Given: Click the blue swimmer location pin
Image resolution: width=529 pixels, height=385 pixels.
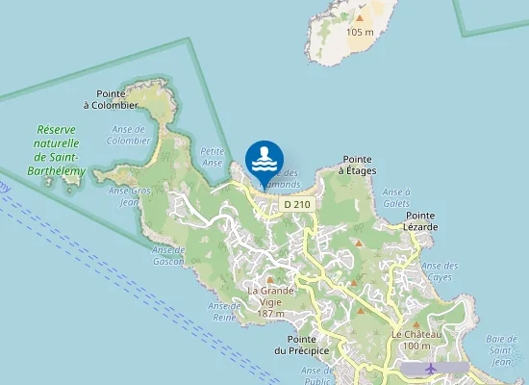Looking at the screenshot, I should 264,159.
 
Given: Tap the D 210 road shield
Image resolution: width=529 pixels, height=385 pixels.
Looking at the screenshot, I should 296,204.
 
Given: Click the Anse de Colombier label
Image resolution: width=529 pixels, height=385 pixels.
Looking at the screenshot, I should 128,135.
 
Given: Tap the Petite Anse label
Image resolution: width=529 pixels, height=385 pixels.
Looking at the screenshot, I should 211,157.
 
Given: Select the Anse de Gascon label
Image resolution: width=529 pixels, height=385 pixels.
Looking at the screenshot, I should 167,255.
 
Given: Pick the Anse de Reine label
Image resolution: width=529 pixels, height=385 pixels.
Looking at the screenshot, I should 223,311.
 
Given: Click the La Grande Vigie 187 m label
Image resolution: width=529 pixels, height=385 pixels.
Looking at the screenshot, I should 271,301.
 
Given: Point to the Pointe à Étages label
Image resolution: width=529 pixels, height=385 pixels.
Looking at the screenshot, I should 357,165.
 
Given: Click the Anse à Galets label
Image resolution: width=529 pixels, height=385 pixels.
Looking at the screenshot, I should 396,197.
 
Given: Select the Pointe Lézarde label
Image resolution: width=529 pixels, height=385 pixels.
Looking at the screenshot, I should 421,220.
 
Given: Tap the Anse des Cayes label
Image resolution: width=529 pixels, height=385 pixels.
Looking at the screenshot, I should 440,270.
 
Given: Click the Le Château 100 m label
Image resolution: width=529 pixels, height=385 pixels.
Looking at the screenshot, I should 417,340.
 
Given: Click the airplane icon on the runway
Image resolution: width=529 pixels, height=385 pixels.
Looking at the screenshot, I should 431,369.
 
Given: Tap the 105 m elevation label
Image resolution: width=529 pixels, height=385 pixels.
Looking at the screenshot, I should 360,32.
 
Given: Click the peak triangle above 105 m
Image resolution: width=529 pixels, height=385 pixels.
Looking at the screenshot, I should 360,17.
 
